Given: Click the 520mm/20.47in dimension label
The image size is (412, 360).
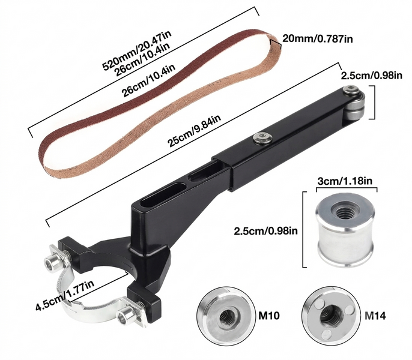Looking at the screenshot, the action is coord(137,50).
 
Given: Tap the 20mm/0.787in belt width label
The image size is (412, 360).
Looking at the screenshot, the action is coord(317,39).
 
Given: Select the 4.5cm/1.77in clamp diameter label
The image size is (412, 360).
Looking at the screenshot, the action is coord(65,295).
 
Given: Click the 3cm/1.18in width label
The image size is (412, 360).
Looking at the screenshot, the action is coord(345,181).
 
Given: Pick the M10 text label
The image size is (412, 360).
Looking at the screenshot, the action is coord(269,316).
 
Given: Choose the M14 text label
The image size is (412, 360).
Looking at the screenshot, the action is coord(375,316).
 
